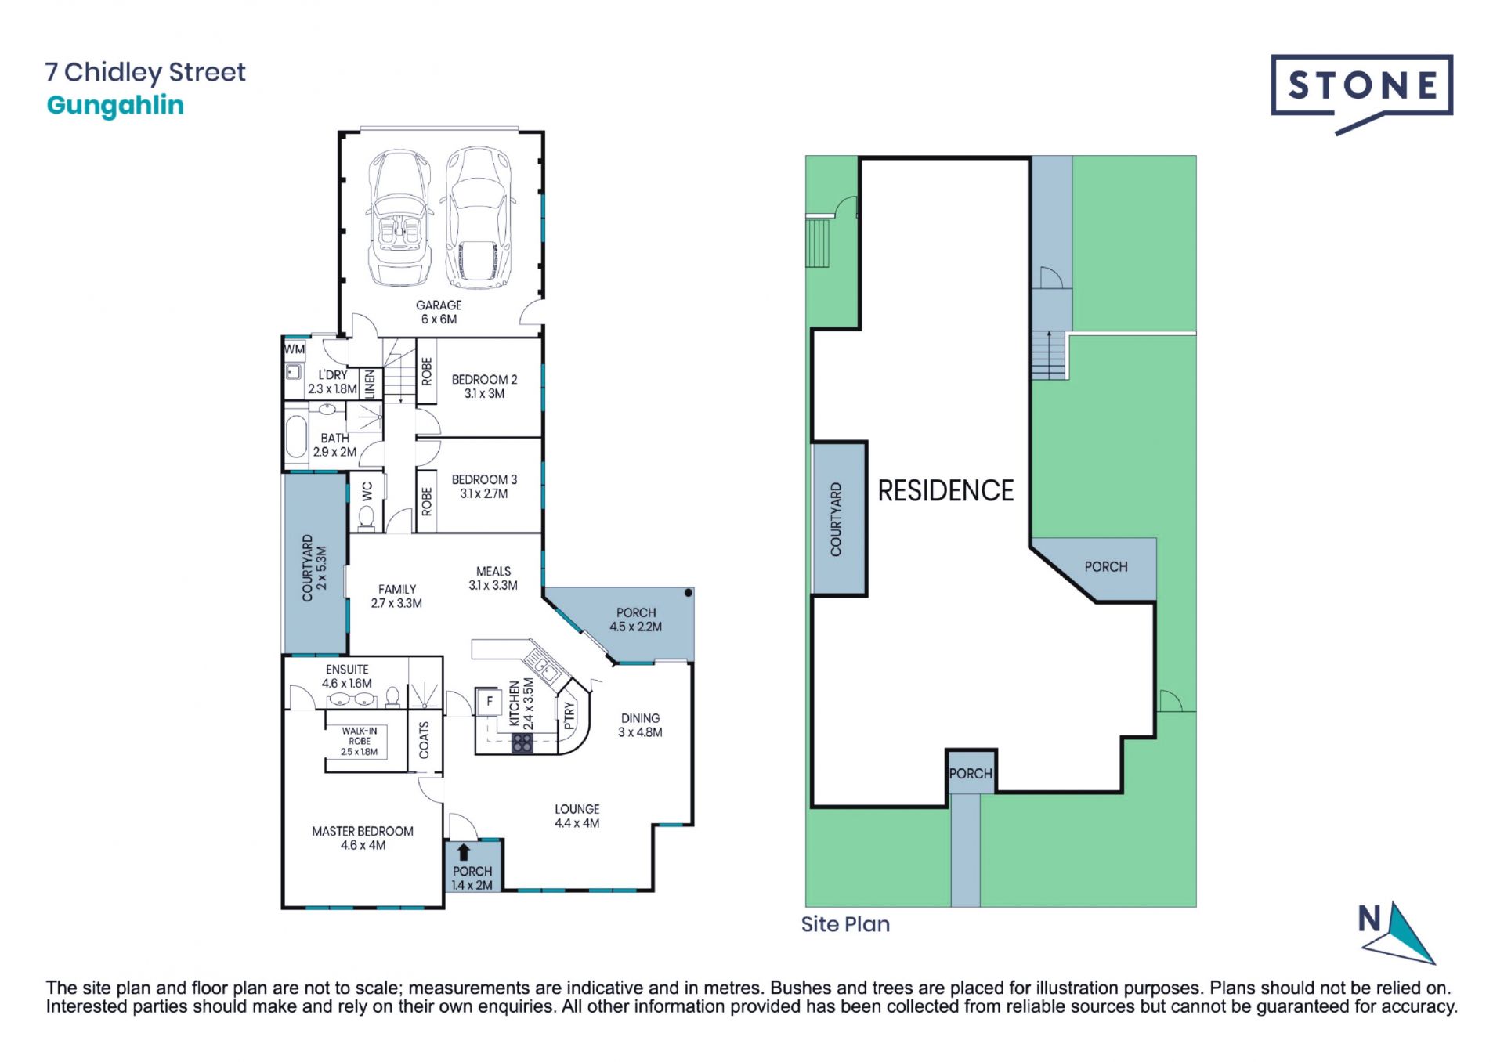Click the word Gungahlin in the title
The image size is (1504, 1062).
pos(115,106)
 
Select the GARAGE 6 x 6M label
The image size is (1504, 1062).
pos(439,312)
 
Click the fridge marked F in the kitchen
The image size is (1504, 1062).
pos(490,701)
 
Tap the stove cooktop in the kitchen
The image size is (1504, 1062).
pos(522,742)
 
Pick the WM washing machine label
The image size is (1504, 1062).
pos(295,349)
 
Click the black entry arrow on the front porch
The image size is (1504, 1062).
pos(464,852)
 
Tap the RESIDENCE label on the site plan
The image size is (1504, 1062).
pos(945,491)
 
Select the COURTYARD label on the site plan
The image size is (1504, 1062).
pos(836,519)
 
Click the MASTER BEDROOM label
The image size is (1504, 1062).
pos(363,838)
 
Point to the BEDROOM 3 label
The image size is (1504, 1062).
pos(484,486)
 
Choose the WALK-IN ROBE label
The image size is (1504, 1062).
pos(360,741)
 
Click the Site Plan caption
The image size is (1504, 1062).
pos(845,924)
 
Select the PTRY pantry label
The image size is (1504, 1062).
pos(569,716)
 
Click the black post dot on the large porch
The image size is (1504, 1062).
pos(688,594)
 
